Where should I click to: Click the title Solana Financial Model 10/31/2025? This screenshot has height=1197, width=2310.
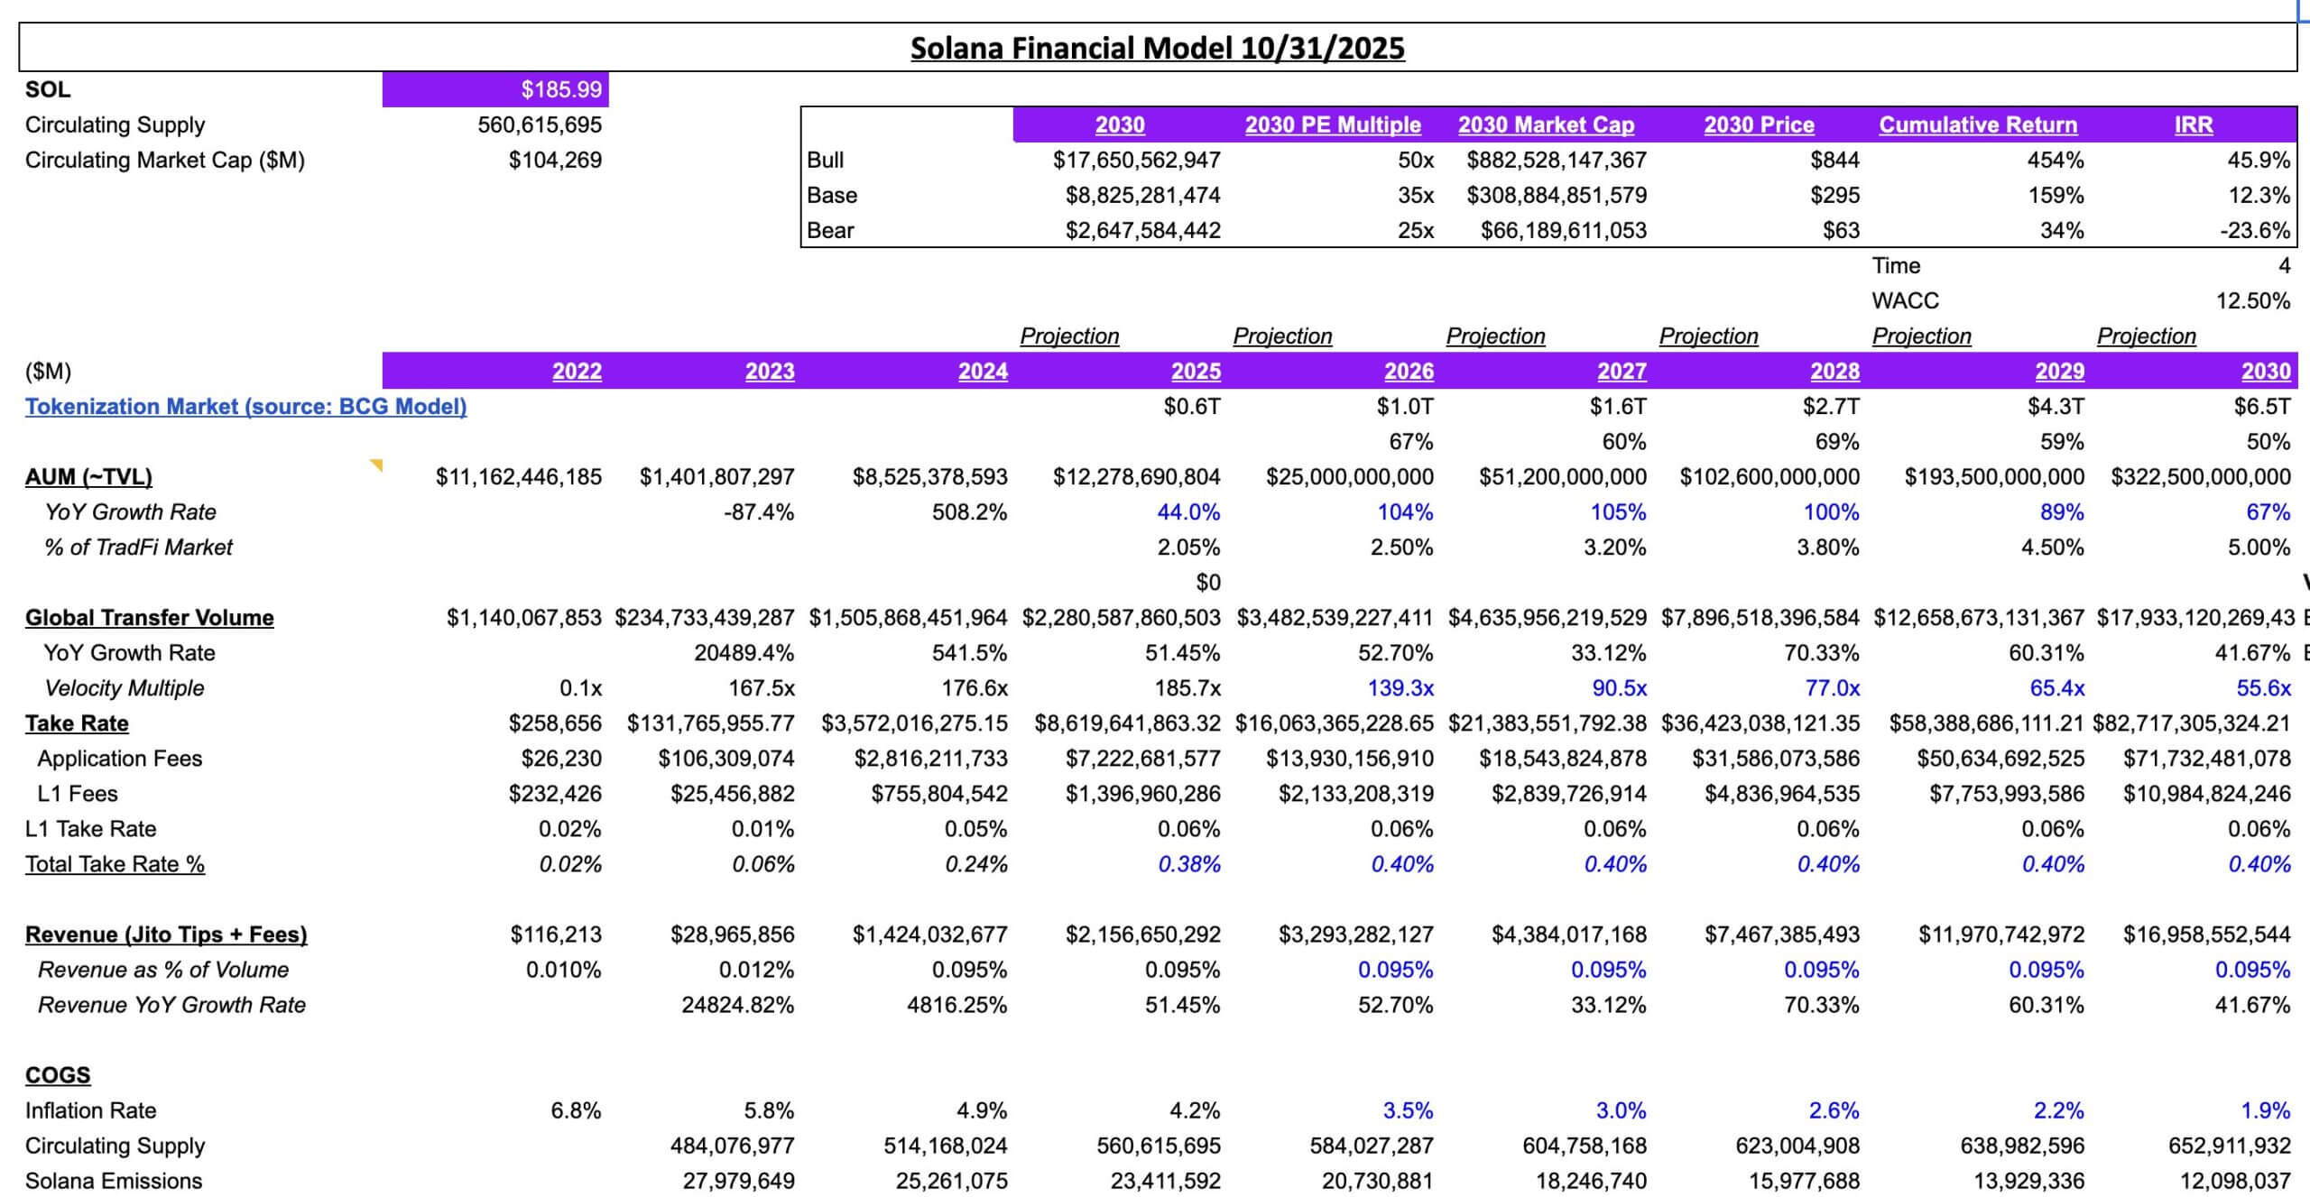click(x=1157, y=48)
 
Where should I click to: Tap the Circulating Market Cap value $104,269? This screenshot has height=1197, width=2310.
click(x=555, y=160)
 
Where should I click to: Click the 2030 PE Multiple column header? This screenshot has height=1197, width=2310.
click(x=1332, y=124)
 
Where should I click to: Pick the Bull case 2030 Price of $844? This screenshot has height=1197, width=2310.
click(x=1834, y=160)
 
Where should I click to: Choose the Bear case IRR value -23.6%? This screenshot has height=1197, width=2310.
click(x=2254, y=230)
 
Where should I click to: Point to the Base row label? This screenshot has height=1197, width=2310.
click(x=832, y=195)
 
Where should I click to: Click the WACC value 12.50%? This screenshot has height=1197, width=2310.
click(x=2252, y=300)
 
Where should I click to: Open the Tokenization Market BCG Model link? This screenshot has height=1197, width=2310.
click(x=245, y=406)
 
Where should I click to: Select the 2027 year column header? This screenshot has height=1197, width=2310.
click(x=1622, y=371)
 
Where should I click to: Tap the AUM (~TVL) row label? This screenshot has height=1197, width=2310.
click(x=88, y=476)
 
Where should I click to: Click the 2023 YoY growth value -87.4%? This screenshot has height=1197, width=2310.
click(x=758, y=511)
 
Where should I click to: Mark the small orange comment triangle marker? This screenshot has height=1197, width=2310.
click(x=376, y=465)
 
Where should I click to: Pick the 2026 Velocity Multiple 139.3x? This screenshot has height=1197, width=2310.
click(x=1400, y=687)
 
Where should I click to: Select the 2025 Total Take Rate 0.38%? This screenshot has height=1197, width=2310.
click(x=1188, y=863)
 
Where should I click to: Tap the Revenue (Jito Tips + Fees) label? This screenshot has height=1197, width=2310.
click(x=166, y=934)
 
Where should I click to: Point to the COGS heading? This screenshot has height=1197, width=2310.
click(x=58, y=1074)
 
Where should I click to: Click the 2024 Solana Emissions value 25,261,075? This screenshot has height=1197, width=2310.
click(x=951, y=1180)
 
